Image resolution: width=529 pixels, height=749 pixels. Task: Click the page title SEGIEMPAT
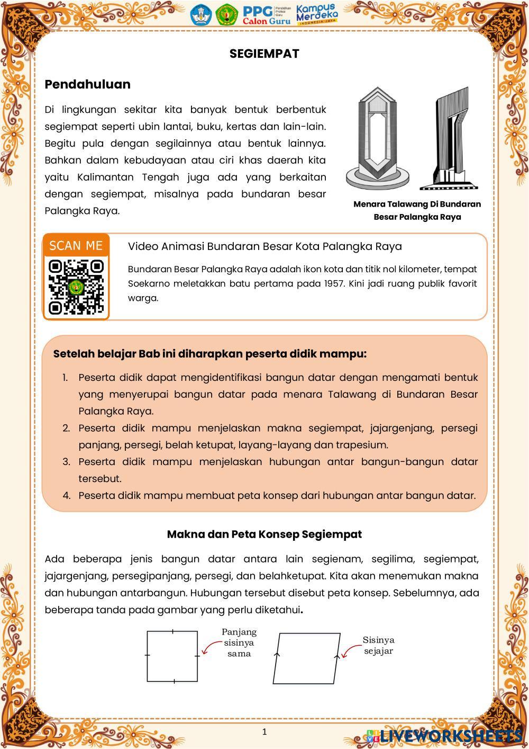pos(264,53)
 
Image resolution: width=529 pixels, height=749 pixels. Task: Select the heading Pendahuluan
pos(87,84)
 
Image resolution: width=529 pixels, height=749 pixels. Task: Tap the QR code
pos(76,287)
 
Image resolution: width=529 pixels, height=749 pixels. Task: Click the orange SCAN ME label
pos(76,246)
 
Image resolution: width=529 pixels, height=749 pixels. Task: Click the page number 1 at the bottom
pos(264,732)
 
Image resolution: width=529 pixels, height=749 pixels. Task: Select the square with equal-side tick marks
pos(172,656)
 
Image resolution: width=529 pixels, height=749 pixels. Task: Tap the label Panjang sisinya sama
pos(239,643)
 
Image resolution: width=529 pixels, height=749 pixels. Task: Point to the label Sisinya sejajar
pos(379,645)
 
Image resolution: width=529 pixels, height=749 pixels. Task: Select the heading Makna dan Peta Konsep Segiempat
pos(264,534)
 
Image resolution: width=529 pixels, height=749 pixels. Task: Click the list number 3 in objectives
pos(66,461)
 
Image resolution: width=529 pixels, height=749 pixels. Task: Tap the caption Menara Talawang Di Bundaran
pos(417,204)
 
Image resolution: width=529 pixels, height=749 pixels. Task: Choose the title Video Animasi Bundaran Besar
pos(264,246)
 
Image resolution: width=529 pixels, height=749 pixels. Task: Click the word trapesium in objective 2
pos(364,444)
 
